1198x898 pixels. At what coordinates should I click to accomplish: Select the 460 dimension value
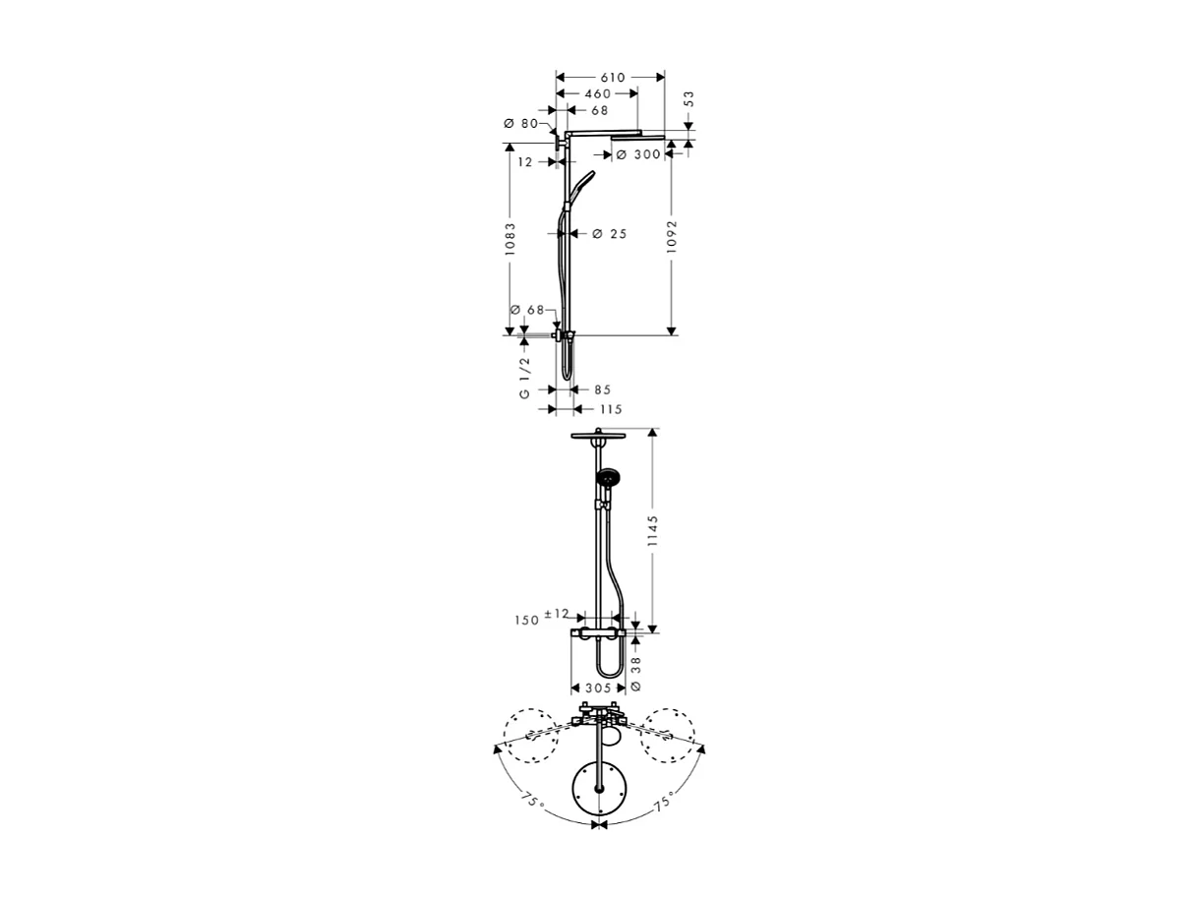pos(597,93)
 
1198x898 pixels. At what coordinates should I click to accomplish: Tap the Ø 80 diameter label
pos(520,123)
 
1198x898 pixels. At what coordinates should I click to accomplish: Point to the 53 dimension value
pos(689,99)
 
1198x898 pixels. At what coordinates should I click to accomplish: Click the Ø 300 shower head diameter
pos(639,154)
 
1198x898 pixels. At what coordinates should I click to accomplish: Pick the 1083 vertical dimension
pos(509,239)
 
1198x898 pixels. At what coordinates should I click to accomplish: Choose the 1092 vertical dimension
pos(672,236)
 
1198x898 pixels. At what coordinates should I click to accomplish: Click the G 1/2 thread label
pos(524,378)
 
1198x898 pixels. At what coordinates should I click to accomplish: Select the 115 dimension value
pos(610,408)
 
